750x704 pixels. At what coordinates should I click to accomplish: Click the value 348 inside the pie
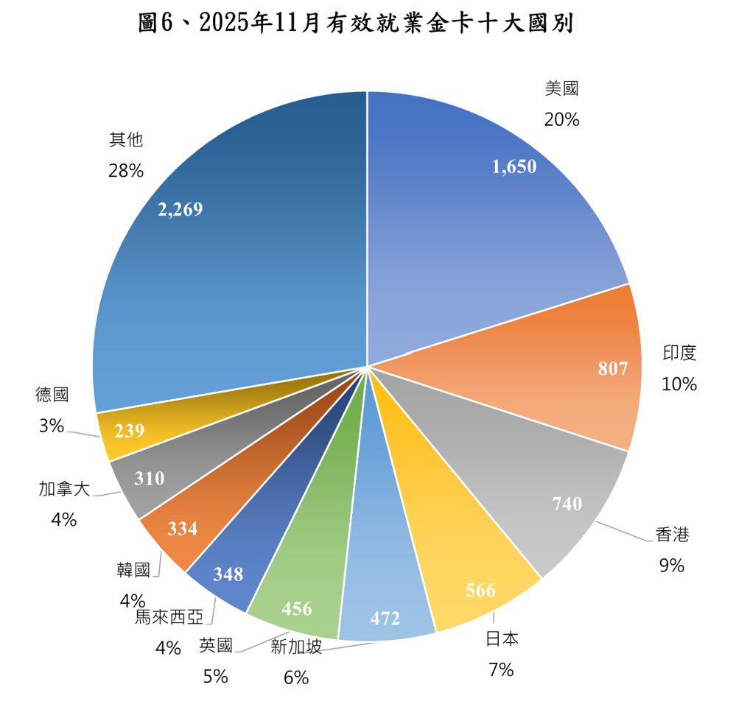tap(228, 574)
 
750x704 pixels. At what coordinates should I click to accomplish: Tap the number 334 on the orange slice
tap(182, 529)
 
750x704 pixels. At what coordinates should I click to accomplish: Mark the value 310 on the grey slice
tap(150, 479)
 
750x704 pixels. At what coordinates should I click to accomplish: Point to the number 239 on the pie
tap(129, 431)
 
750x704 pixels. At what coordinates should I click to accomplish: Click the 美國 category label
tap(562, 89)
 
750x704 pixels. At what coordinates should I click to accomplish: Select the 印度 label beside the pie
tap(679, 353)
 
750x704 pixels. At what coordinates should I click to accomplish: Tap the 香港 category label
tap(672, 535)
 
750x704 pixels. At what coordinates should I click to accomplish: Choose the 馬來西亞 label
tap(169, 617)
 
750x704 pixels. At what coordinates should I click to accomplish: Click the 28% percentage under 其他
tap(125, 171)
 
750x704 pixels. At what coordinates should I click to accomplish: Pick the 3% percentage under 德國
tap(52, 425)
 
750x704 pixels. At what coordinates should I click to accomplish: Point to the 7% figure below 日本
tap(501, 669)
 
